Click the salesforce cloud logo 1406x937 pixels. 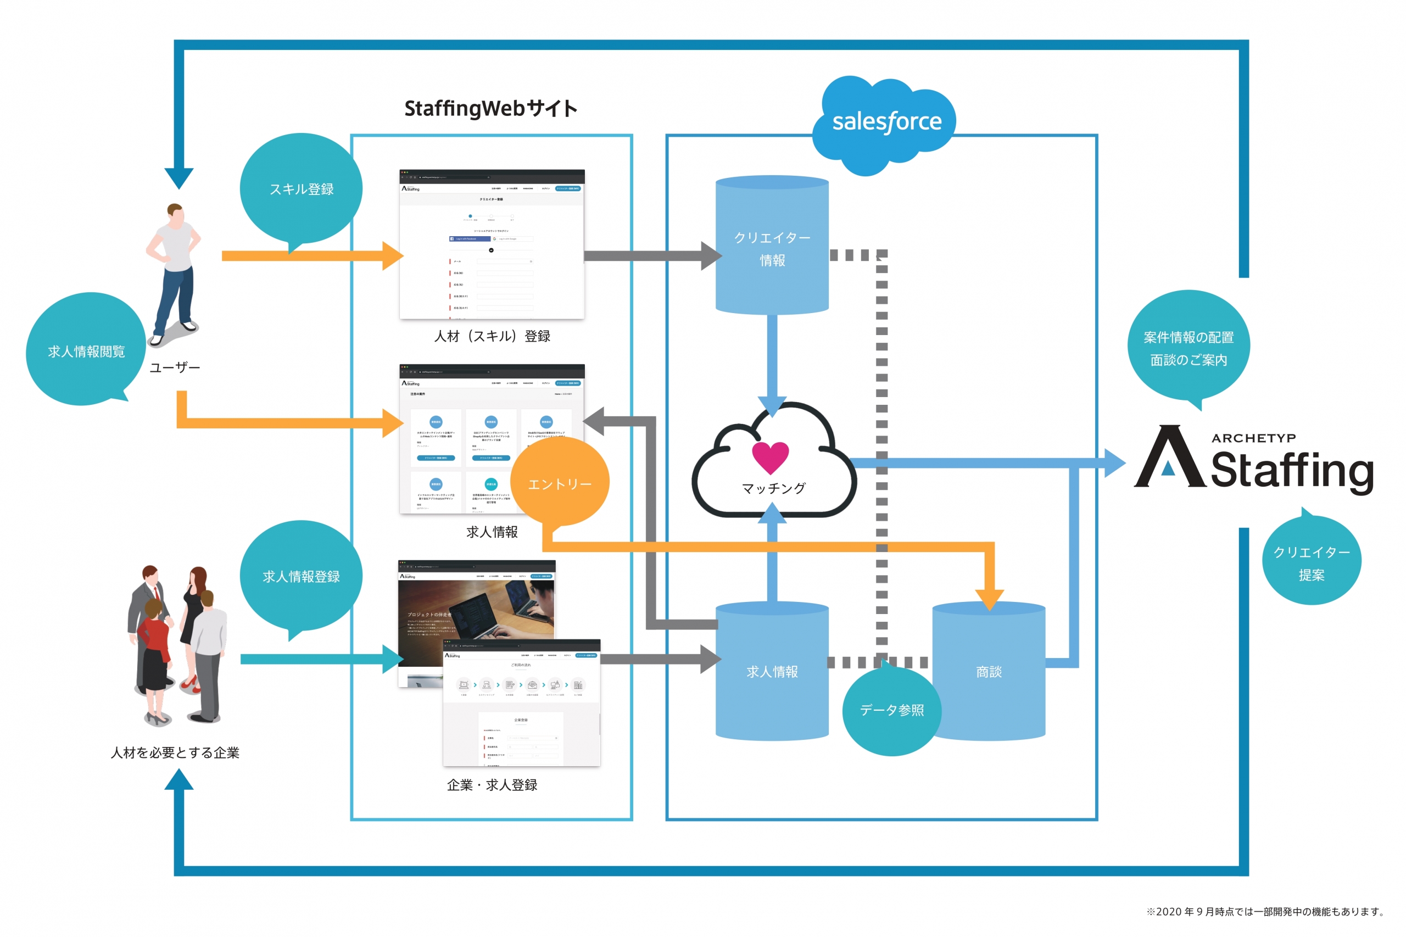tap(885, 122)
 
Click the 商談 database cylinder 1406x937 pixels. tap(989, 672)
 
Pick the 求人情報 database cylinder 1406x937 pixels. tap(772, 672)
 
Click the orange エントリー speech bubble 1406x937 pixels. tap(560, 483)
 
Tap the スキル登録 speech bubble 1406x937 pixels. tap(301, 189)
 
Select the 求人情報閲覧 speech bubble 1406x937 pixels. tap(86, 351)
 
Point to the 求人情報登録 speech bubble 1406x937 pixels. tap(301, 576)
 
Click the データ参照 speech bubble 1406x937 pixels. tap(891, 710)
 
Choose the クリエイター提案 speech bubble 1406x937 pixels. tap(1311, 562)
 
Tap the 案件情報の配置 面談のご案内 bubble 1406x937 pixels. tap(1188, 348)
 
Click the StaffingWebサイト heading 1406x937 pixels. tap(490, 109)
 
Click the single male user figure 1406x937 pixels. tap(174, 272)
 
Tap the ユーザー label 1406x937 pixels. tap(175, 367)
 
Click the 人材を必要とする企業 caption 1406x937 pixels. tap(175, 752)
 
